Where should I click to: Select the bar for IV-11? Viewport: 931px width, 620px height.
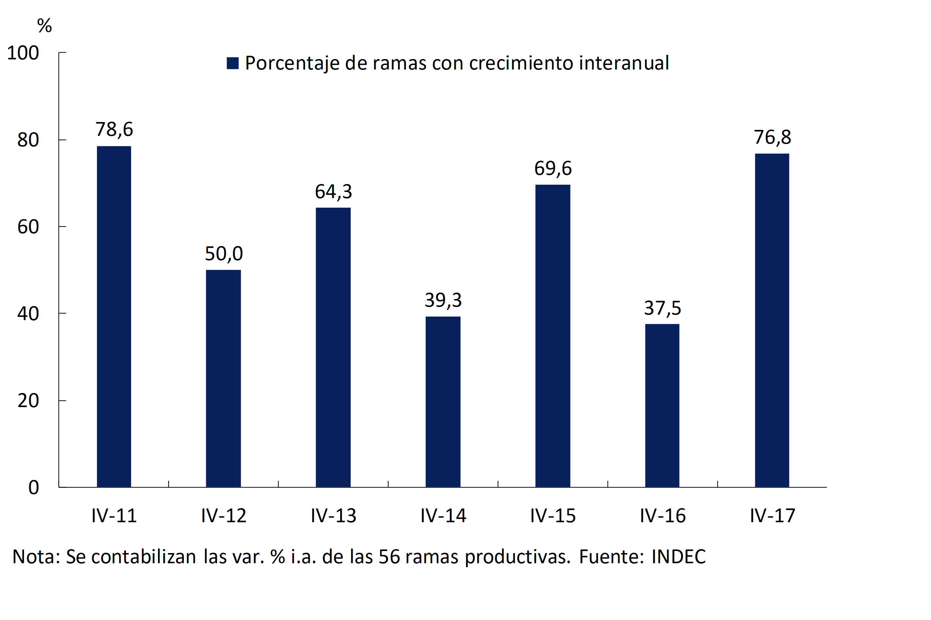[114, 316]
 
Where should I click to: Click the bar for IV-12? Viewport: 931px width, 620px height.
[223, 379]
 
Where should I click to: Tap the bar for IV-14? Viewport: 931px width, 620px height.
[443, 402]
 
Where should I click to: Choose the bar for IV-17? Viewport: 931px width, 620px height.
[772, 320]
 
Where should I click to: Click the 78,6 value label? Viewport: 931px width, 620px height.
[114, 129]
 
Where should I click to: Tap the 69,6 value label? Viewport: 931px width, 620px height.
[553, 168]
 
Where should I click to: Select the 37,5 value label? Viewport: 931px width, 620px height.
[662, 308]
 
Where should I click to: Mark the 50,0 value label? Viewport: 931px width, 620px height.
[224, 254]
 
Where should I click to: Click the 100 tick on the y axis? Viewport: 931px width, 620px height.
[23, 53]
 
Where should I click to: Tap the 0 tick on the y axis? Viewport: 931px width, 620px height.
[33, 487]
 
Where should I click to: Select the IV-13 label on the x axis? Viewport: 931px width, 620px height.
[333, 516]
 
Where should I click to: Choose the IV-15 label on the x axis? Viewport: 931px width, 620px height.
[553, 516]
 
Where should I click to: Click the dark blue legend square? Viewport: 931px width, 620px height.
[233, 63]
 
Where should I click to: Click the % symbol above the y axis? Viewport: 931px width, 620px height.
[44, 26]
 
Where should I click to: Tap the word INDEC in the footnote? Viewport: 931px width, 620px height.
[678, 557]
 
